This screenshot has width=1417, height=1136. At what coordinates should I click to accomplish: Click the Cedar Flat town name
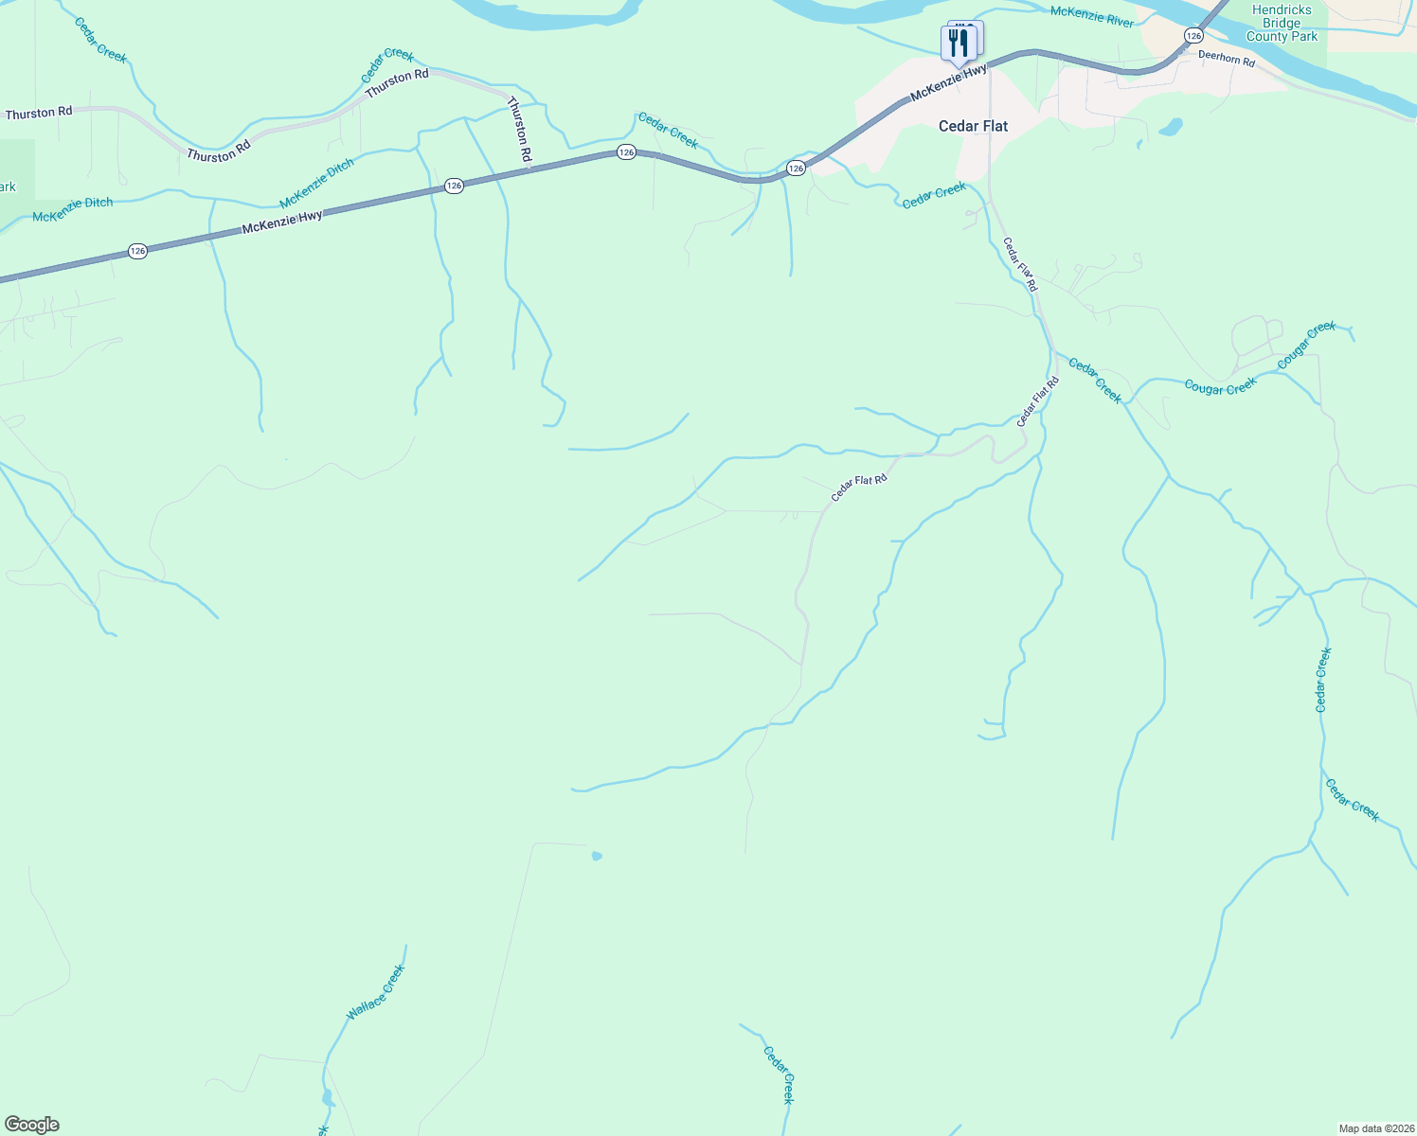click(x=973, y=126)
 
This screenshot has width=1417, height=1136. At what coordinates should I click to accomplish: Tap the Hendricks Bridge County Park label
click(x=1282, y=24)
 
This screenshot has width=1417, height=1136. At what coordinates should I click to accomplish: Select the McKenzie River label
click(x=1091, y=16)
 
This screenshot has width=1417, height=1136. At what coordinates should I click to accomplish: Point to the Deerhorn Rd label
click(x=1226, y=59)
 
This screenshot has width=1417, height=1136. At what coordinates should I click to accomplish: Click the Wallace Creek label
click(x=375, y=992)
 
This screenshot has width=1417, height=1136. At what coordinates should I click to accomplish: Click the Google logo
click(x=32, y=1125)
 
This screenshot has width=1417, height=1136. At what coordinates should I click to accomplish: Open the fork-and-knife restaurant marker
click(x=959, y=44)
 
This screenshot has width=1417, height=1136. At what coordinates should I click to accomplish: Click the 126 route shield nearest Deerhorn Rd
click(x=1193, y=35)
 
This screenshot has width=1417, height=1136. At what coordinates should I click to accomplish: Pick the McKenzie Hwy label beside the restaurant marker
click(x=948, y=83)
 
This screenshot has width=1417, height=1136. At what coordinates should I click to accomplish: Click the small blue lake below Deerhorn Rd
click(x=1172, y=126)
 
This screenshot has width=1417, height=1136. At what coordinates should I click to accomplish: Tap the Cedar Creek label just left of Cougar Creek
click(x=1095, y=380)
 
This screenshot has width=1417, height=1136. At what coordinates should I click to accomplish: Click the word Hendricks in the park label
click(x=1282, y=10)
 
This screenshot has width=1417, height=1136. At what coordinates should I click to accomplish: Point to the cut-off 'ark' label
click(x=8, y=186)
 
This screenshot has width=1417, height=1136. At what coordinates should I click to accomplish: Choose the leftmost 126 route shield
click(x=137, y=251)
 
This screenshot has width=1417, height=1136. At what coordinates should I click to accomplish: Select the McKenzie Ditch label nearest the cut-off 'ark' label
click(x=72, y=209)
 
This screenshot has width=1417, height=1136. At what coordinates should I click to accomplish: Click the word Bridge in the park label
click(x=1282, y=24)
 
